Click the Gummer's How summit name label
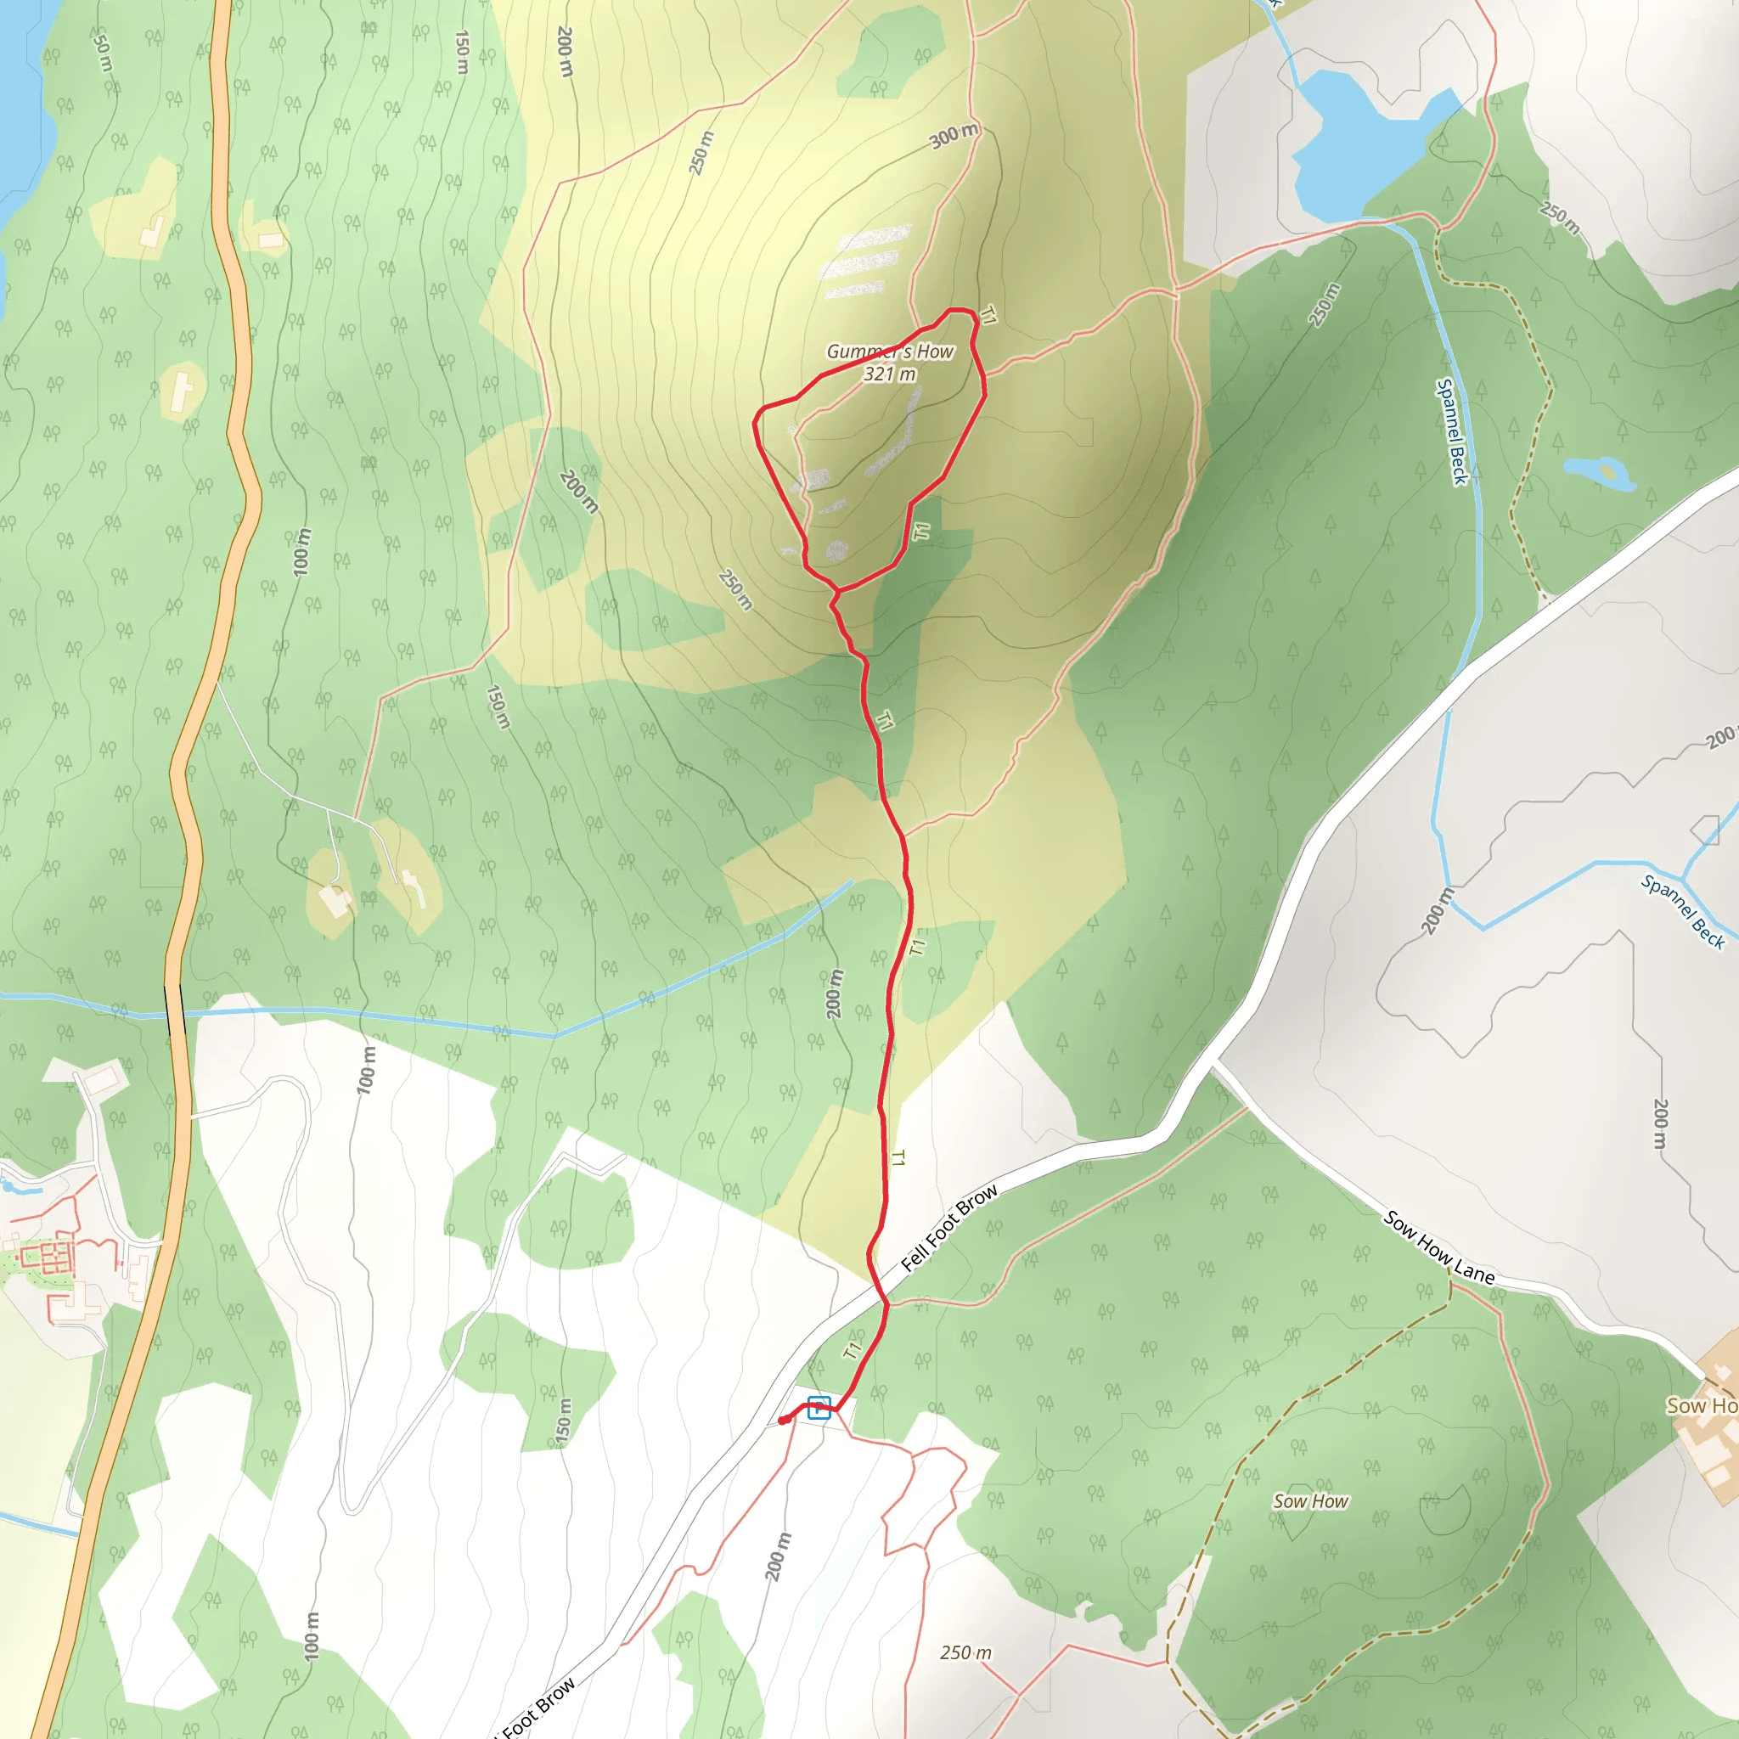point(889,351)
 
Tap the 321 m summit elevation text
point(889,374)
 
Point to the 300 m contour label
point(954,136)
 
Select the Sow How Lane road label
point(1439,1247)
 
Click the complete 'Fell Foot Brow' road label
point(949,1227)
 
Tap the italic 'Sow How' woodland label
point(1310,1500)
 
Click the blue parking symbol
point(819,1407)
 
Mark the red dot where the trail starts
point(783,1420)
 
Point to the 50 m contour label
point(103,53)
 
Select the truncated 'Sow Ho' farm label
point(1701,1406)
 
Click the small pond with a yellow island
point(1600,473)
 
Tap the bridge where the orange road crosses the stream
point(176,1010)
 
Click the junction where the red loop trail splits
point(837,591)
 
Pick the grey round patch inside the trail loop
point(837,551)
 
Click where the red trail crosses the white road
point(886,1303)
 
